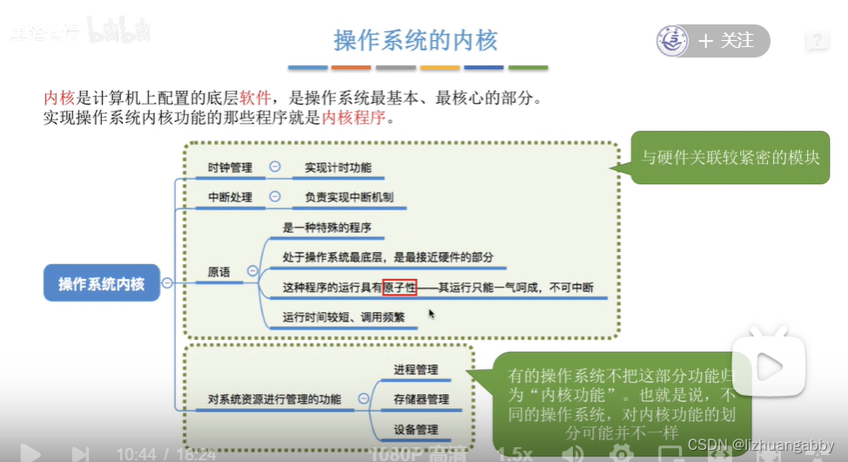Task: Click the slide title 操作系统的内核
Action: [x=416, y=41]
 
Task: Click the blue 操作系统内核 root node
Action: [x=102, y=283]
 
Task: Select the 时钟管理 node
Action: [x=230, y=167]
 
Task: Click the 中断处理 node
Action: [x=230, y=197]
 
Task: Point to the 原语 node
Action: [x=219, y=272]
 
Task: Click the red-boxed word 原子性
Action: [x=400, y=287]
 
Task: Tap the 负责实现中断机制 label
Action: [x=349, y=197]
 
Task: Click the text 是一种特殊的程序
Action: [x=327, y=228]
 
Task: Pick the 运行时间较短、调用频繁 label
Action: [x=344, y=316]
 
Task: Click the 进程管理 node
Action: [x=415, y=370]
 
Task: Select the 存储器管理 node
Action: [x=421, y=399]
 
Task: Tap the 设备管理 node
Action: [x=415, y=429]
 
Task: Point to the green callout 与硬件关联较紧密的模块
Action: [x=730, y=158]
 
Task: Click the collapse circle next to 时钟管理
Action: [x=275, y=166]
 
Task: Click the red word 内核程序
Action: [x=353, y=116]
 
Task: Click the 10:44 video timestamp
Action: [x=136, y=453]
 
